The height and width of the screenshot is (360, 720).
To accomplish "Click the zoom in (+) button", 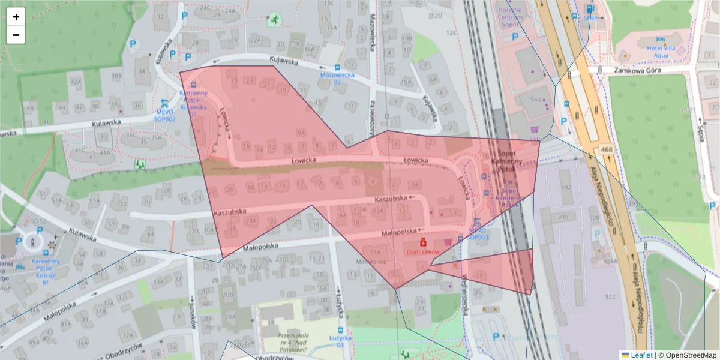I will pyautogui.click(x=16, y=17).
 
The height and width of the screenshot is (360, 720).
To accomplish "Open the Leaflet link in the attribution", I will pyautogui.click(x=641, y=355).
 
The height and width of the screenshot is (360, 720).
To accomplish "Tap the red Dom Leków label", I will pyautogui.click(x=423, y=253).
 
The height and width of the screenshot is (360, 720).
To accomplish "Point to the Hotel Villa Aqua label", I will pyautogui.click(x=653, y=51).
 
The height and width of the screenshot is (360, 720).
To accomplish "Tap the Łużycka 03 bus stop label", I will pyautogui.click(x=340, y=342).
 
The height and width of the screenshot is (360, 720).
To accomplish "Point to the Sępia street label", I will pyautogui.click(x=700, y=125).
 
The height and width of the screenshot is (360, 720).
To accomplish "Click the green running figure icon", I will pyautogui.click(x=274, y=20).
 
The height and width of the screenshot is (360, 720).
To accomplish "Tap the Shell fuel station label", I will pyautogui.click(x=590, y=18).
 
